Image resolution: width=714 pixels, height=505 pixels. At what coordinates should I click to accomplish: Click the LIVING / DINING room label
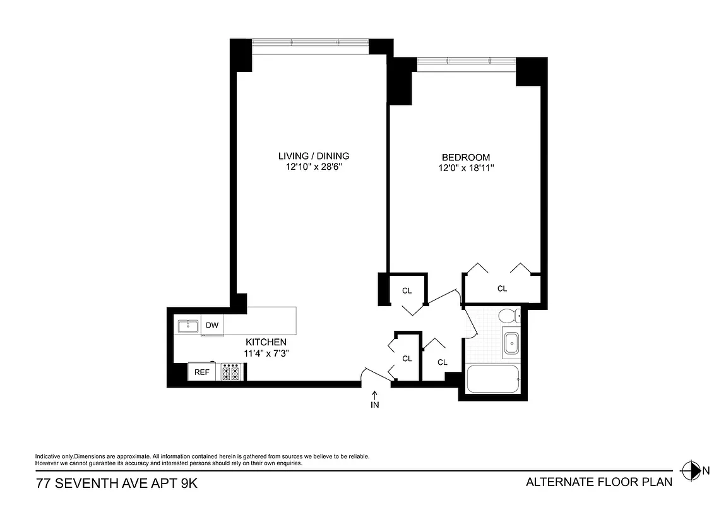[314, 156]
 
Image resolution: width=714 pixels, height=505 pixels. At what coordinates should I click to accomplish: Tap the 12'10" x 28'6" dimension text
[314, 167]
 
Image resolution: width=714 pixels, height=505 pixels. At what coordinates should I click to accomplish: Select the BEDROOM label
[465, 157]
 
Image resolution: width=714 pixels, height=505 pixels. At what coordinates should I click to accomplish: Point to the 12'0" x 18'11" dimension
[465, 169]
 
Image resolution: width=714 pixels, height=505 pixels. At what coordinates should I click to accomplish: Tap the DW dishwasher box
[212, 326]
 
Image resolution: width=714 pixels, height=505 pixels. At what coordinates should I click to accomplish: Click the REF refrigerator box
[201, 372]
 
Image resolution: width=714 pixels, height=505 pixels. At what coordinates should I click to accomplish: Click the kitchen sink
[188, 326]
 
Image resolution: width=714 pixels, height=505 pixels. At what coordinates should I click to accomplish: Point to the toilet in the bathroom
[509, 316]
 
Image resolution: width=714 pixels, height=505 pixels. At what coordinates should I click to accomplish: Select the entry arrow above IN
[375, 395]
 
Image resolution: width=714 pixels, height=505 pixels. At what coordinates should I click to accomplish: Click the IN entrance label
[375, 405]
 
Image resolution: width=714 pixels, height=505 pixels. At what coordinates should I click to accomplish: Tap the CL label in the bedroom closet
[502, 289]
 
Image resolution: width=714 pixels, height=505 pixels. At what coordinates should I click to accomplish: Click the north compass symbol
[692, 470]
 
